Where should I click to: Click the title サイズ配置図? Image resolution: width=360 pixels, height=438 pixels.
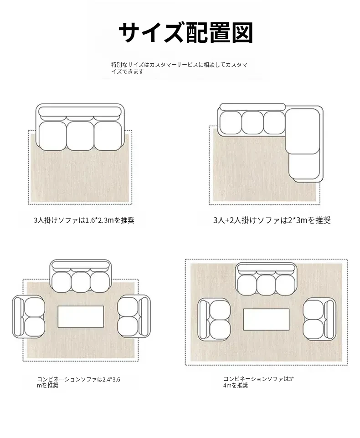186,32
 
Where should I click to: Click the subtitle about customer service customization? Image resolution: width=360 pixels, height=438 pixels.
179,68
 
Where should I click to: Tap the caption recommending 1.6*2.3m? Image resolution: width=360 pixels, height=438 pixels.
84,220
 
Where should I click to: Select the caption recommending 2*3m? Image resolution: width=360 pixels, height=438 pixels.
272,220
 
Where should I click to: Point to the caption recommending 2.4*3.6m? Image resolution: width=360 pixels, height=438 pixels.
78,382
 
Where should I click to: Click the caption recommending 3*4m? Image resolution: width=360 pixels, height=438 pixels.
258,382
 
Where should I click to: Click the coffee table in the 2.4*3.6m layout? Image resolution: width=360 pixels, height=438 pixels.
81,316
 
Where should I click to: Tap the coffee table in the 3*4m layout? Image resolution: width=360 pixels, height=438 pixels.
267,319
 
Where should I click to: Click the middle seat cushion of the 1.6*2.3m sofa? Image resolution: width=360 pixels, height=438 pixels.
80,136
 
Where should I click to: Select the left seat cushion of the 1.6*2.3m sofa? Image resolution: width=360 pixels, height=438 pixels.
53,136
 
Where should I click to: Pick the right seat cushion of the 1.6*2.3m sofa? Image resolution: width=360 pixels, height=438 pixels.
108,136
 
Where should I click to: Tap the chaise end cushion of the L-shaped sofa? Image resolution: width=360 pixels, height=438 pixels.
304,166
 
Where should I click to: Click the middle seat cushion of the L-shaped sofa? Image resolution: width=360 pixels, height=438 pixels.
252,122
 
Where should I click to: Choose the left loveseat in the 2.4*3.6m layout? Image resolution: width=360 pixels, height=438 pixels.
29,317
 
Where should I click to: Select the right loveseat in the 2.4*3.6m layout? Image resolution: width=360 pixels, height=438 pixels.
134,317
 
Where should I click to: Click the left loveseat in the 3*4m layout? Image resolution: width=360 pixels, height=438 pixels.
214,319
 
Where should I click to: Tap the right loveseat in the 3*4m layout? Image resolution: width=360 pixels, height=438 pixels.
319,319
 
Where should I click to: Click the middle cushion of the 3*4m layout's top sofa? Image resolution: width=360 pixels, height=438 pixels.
266,285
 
